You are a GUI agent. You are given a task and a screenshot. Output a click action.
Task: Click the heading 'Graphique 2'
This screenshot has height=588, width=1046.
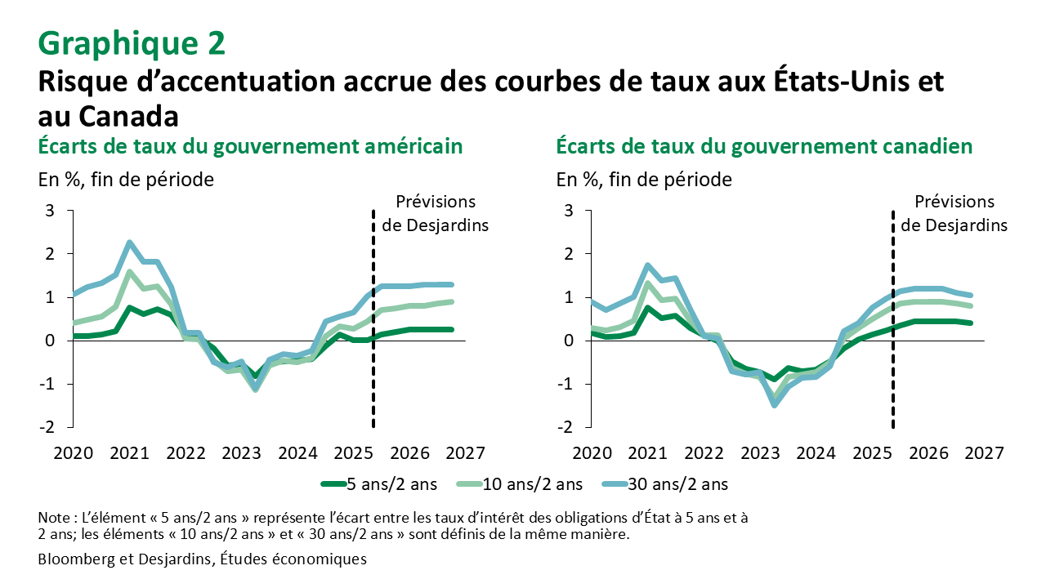point(132,42)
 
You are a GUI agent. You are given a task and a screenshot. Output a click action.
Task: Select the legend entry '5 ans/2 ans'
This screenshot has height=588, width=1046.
point(390,484)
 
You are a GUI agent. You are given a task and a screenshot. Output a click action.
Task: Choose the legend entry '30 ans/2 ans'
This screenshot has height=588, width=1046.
point(679,484)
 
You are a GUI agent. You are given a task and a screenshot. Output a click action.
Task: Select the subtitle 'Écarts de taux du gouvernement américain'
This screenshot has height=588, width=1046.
point(251,146)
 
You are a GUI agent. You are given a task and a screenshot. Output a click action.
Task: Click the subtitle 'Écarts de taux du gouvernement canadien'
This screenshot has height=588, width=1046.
point(764,146)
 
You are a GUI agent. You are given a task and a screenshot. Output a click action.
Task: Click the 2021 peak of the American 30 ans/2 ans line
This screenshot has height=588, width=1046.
point(129,243)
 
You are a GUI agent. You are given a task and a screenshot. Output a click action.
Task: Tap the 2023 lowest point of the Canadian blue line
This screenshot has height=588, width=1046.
point(775,404)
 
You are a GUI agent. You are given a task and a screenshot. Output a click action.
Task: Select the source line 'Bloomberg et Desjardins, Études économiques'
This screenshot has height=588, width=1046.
point(202,559)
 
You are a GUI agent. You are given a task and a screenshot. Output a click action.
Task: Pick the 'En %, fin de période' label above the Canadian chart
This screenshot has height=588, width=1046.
point(644,179)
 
